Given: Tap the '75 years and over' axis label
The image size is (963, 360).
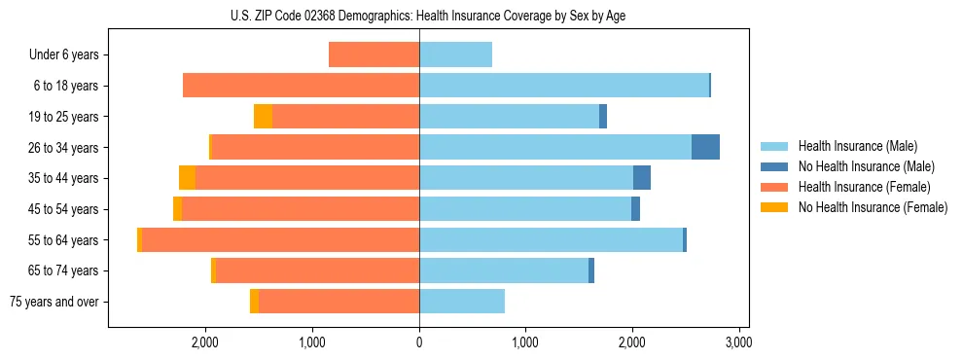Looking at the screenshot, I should (x=54, y=302).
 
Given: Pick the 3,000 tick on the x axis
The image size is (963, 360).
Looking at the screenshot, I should (x=738, y=342).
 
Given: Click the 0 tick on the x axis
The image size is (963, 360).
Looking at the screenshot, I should (x=419, y=342).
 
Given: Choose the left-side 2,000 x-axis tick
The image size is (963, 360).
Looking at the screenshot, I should (x=205, y=342).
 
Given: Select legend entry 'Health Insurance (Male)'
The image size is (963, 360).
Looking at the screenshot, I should (x=857, y=146).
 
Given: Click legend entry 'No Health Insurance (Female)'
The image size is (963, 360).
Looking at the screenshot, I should (x=873, y=207).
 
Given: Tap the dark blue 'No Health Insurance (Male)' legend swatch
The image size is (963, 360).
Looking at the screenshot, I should (x=774, y=166).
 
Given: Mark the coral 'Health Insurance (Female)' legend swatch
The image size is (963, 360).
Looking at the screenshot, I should (x=774, y=187).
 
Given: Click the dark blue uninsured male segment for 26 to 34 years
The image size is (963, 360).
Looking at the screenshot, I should (x=705, y=147).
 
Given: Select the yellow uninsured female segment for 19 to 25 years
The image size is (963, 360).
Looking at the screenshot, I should (x=263, y=117).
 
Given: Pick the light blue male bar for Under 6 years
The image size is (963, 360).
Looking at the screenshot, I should (x=455, y=54).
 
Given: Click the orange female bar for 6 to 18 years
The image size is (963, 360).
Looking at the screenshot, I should (x=301, y=86).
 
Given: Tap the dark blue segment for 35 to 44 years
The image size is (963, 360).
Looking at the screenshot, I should (x=642, y=178).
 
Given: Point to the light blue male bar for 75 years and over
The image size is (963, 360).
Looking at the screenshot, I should (x=462, y=302).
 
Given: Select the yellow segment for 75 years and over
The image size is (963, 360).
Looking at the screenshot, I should (x=254, y=302).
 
